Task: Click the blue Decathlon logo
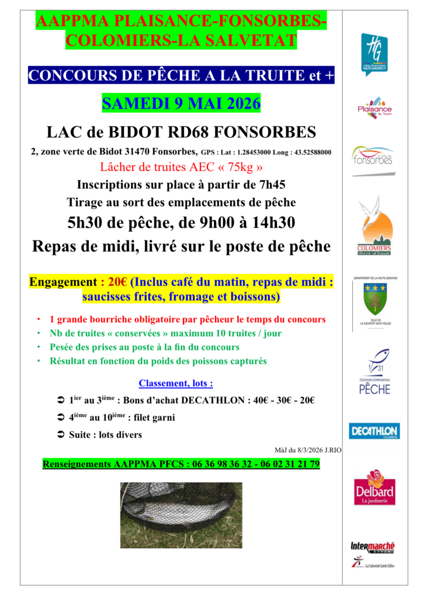(375, 432)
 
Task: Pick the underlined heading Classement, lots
(175, 384)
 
